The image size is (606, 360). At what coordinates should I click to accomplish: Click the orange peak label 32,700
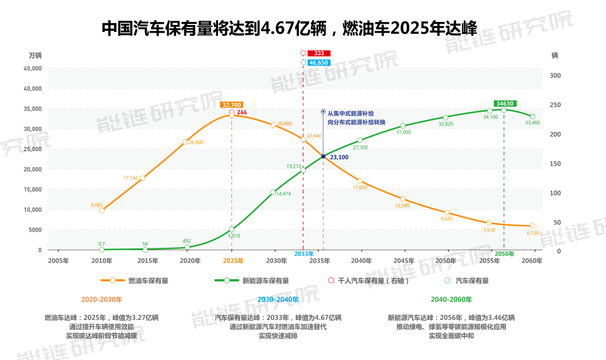tap(231, 105)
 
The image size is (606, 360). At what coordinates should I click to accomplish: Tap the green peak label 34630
tap(504, 103)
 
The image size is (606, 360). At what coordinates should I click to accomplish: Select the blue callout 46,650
tap(319, 63)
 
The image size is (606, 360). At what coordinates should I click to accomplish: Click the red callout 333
tap(319, 53)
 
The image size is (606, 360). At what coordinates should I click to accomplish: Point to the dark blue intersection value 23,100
tap(339, 157)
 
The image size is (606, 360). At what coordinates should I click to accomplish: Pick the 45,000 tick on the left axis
tap(32, 68)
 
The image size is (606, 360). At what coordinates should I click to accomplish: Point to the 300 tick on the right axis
tap(555, 75)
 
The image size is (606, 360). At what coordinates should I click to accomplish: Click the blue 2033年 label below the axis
tap(304, 253)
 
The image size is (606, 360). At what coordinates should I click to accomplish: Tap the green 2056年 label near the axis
tap(504, 253)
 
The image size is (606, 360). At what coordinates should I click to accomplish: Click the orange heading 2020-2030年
tap(102, 299)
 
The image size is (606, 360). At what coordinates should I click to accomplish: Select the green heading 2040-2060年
tap(451, 299)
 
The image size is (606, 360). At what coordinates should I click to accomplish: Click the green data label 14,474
tap(283, 194)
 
